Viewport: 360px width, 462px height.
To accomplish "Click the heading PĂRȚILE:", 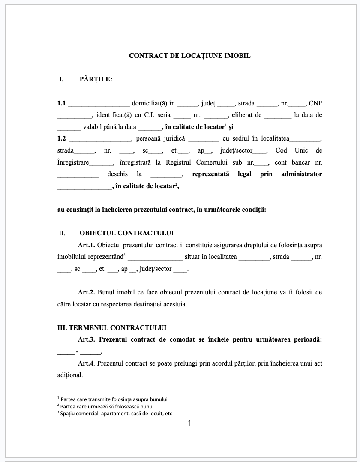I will [96, 79].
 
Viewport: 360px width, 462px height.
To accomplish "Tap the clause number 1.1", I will [61, 103].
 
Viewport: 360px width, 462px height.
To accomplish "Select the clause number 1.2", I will [62, 138].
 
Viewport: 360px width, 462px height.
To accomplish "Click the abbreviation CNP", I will [315, 103].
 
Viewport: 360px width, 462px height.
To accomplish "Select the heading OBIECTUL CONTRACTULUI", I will [126, 233].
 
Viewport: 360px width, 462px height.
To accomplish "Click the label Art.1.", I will [86, 245].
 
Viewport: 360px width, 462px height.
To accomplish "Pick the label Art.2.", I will [86, 292].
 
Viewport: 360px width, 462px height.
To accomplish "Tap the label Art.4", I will [86, 363].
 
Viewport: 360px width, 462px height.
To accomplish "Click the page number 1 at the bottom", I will [189, 424].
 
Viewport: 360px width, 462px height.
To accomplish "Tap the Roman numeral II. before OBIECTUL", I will [62, 234].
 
